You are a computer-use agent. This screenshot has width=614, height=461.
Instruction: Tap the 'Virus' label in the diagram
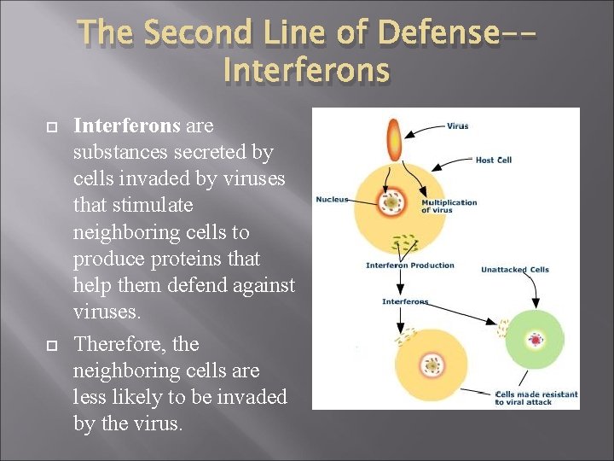pyautogui.click(x=457, y=126)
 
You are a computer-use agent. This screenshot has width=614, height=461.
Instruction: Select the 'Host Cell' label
pyautogui.click(x=493, y=160)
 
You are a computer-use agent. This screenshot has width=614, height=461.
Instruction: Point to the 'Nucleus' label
pyautogui.click(x=332, y=200)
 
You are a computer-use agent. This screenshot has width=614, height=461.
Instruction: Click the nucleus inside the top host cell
pyautogui.click(x=392, y=202)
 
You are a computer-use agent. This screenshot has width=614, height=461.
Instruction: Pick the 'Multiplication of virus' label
pyautogui.click(x=449, y=206)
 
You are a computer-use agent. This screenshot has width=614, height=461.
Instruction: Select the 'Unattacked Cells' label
pyautogui.click(x=515, y=270)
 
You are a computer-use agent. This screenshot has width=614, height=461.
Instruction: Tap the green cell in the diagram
pyautogui.click(x=535, y=339)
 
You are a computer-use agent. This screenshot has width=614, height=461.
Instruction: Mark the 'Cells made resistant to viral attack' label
pyautogui.click(x=536, y=398)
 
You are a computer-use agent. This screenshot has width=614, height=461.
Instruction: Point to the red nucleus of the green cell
pyautogui.click(x=536, y=340)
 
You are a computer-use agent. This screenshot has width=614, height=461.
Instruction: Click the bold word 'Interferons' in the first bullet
pyautogui.click(x=127, y=125)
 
